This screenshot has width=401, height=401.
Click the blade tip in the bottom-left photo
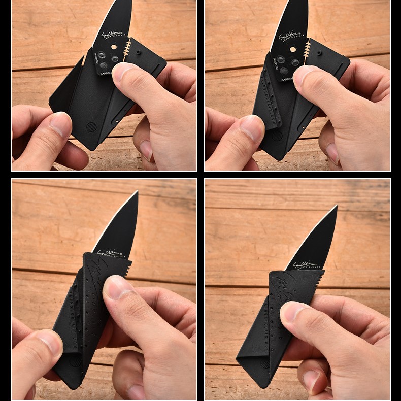tap(137, 192)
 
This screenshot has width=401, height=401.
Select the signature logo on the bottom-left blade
tap(106, 252)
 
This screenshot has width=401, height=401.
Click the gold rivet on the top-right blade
tap(293, 49)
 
